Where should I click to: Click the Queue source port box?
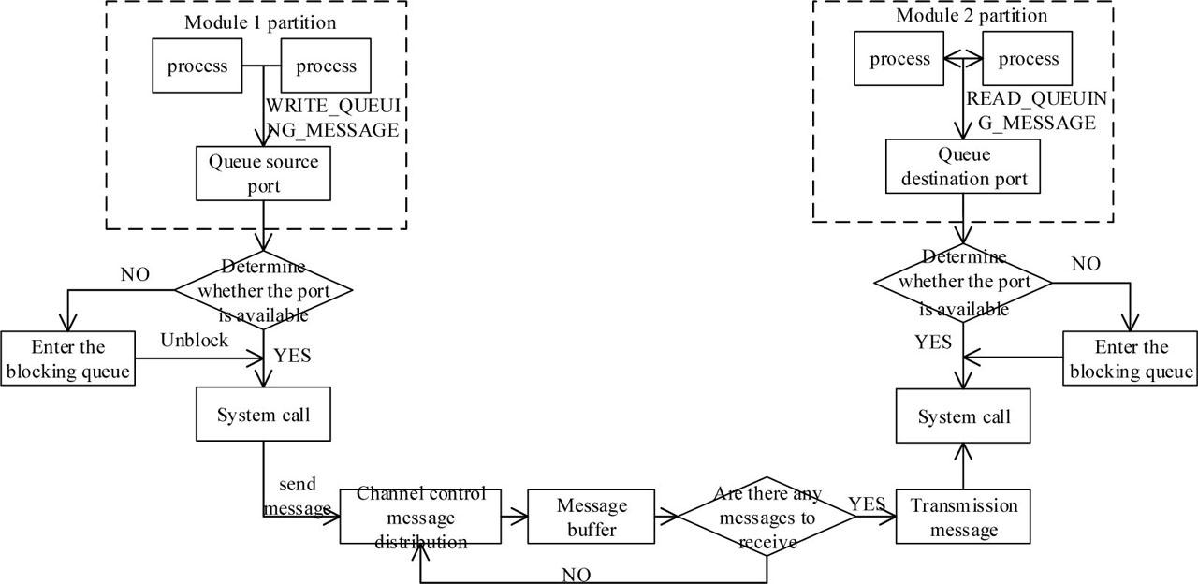click(264, 173)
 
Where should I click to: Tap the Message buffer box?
click(592, 518)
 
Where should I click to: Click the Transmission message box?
click(962, 518)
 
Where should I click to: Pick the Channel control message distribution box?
click(420, 518)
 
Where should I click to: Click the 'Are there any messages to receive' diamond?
click(767, 517)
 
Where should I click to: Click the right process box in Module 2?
click(1028, 60)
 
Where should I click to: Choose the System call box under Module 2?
click(963, 416)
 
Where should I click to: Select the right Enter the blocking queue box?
click(1131, 359)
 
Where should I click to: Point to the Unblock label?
click(194, 340)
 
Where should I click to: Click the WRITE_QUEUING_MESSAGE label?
click(332, 119)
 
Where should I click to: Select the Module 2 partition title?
click(971, 16)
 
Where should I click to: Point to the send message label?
click(297, 496)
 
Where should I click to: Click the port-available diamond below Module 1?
click(264, 291)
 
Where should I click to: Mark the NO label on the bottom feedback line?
click(577, 574)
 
